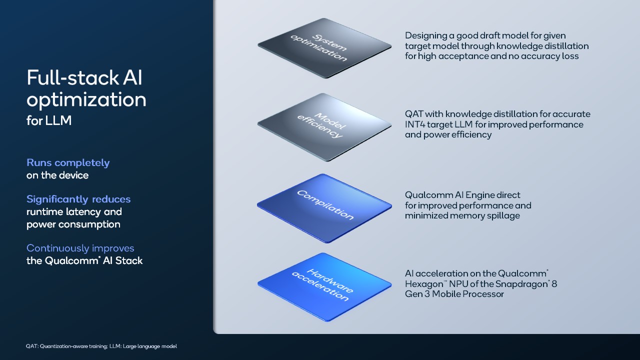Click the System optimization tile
point(324,48)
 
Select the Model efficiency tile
point(324,127)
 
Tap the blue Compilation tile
point(324,208)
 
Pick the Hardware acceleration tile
point(324,287)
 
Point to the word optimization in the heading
point(86,100)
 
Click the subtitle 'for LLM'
point(49,120)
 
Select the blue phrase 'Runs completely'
point(68,163)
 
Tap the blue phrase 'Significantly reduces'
point(78,199)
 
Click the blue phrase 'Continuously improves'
point(80,248)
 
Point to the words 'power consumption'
point(73,224)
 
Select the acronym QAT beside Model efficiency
point(414,114)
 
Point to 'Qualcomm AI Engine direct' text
point(462,195)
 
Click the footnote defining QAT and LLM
point(101,346)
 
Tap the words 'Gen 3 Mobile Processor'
point(454,294)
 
